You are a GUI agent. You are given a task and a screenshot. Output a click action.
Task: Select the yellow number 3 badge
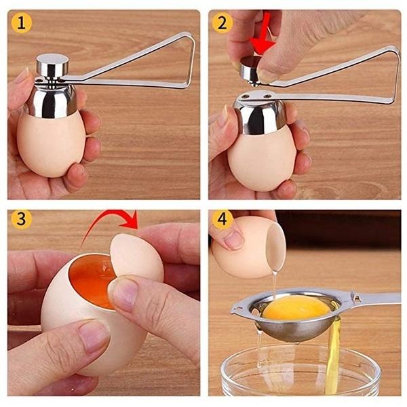(22, 219)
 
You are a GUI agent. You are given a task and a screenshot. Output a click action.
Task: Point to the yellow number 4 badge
(222, 219)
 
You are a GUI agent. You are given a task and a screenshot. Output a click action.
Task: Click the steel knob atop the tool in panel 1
(52, 66)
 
